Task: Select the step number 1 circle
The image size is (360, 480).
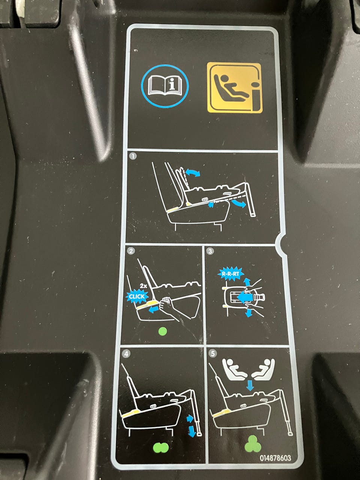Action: click(133, 157)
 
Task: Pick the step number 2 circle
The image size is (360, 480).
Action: click(131, 251)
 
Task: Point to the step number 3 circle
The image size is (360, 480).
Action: click(210, 251)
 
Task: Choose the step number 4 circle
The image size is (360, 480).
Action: click(126, 354)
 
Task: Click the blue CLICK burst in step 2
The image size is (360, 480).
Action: click(137, 296)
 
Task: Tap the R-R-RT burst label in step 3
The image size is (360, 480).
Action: click(231, 273)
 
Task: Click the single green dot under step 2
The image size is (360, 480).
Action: click(163, 331)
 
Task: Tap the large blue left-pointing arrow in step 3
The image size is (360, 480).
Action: click(245, 297)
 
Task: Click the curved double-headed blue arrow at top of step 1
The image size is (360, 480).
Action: click(193, 172)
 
